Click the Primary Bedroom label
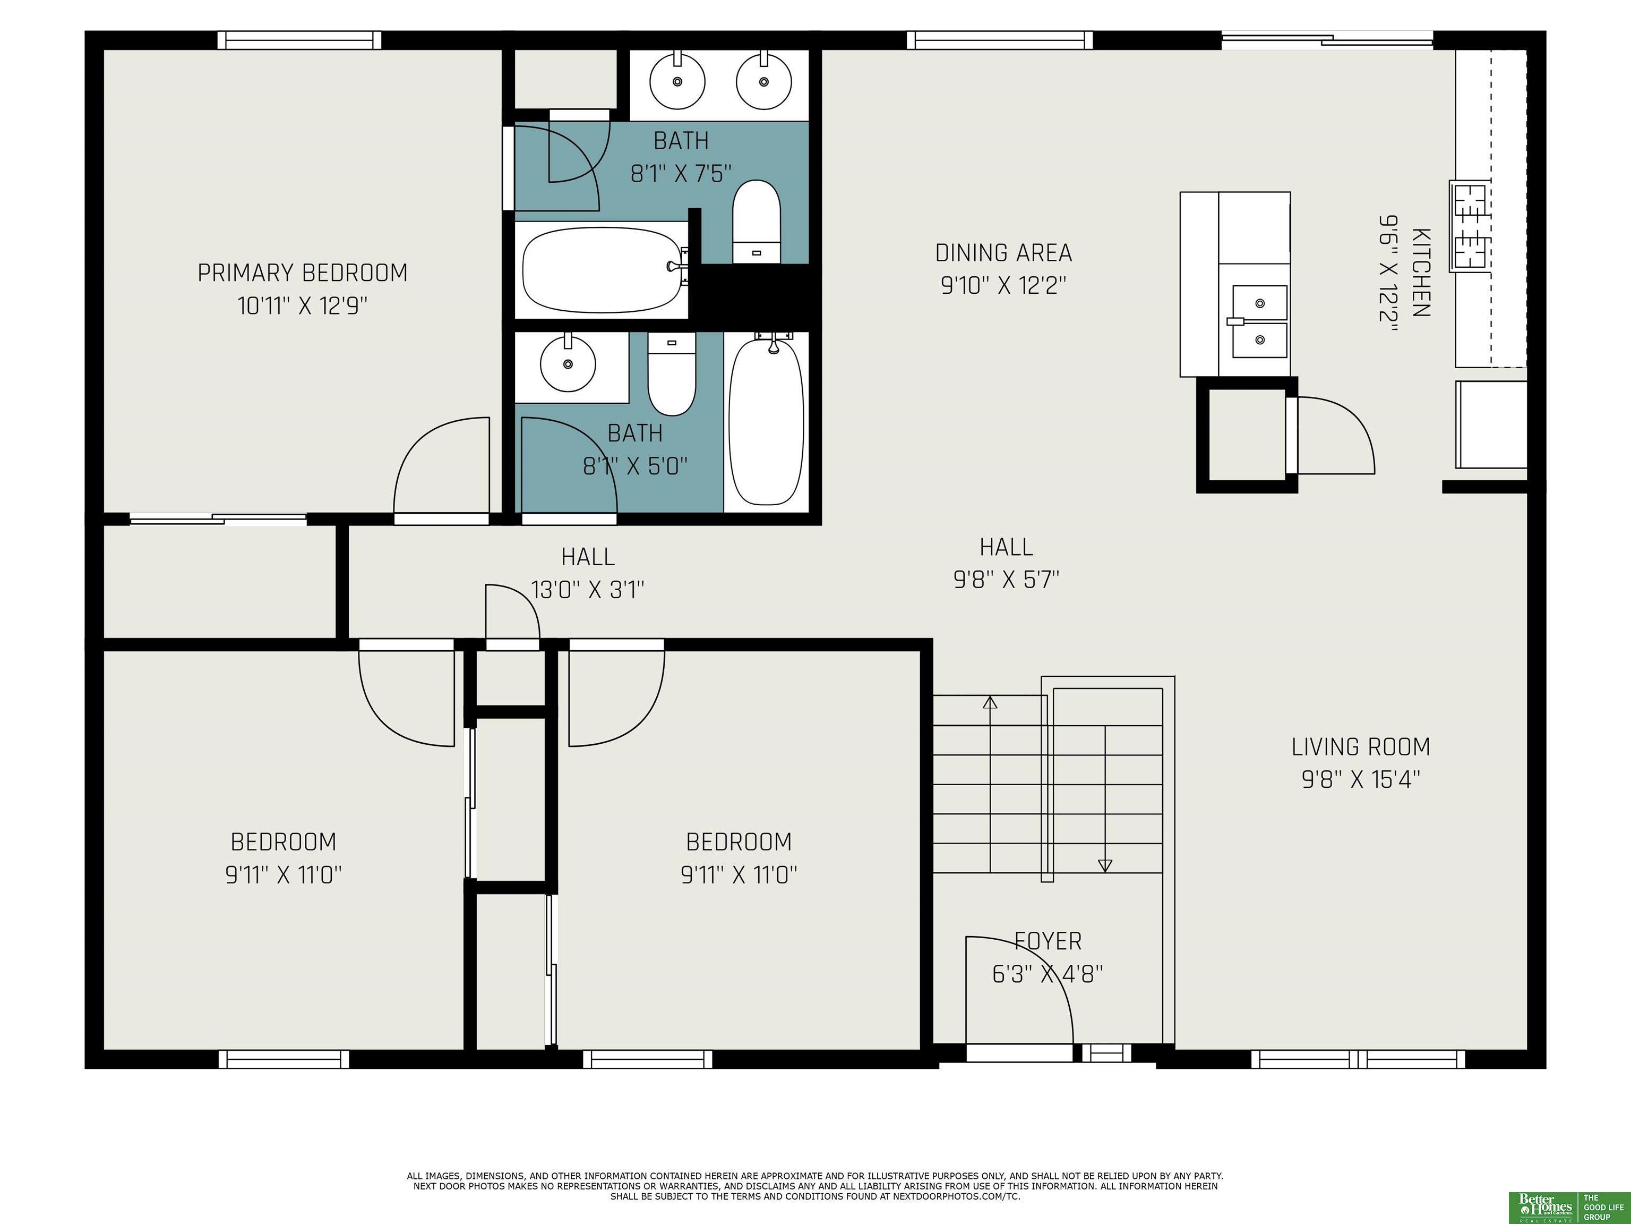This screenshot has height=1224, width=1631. [x=302, y=273]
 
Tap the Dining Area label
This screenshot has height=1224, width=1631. [x=1003, y=253]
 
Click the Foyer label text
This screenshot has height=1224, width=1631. [x=1048, y=941]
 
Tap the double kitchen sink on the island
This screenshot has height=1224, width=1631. [x=1260, y=322]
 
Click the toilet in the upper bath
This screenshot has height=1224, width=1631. [x=757, y=222]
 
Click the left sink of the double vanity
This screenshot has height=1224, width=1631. [x=677, y=81]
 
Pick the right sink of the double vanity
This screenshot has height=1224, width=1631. [x=764, y=81]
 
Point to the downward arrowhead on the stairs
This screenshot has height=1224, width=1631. [x=1104, y=865]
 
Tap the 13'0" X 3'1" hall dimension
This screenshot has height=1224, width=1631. [x=588, y=590]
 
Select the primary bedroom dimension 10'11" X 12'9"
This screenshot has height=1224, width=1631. [x=302, y=305]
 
